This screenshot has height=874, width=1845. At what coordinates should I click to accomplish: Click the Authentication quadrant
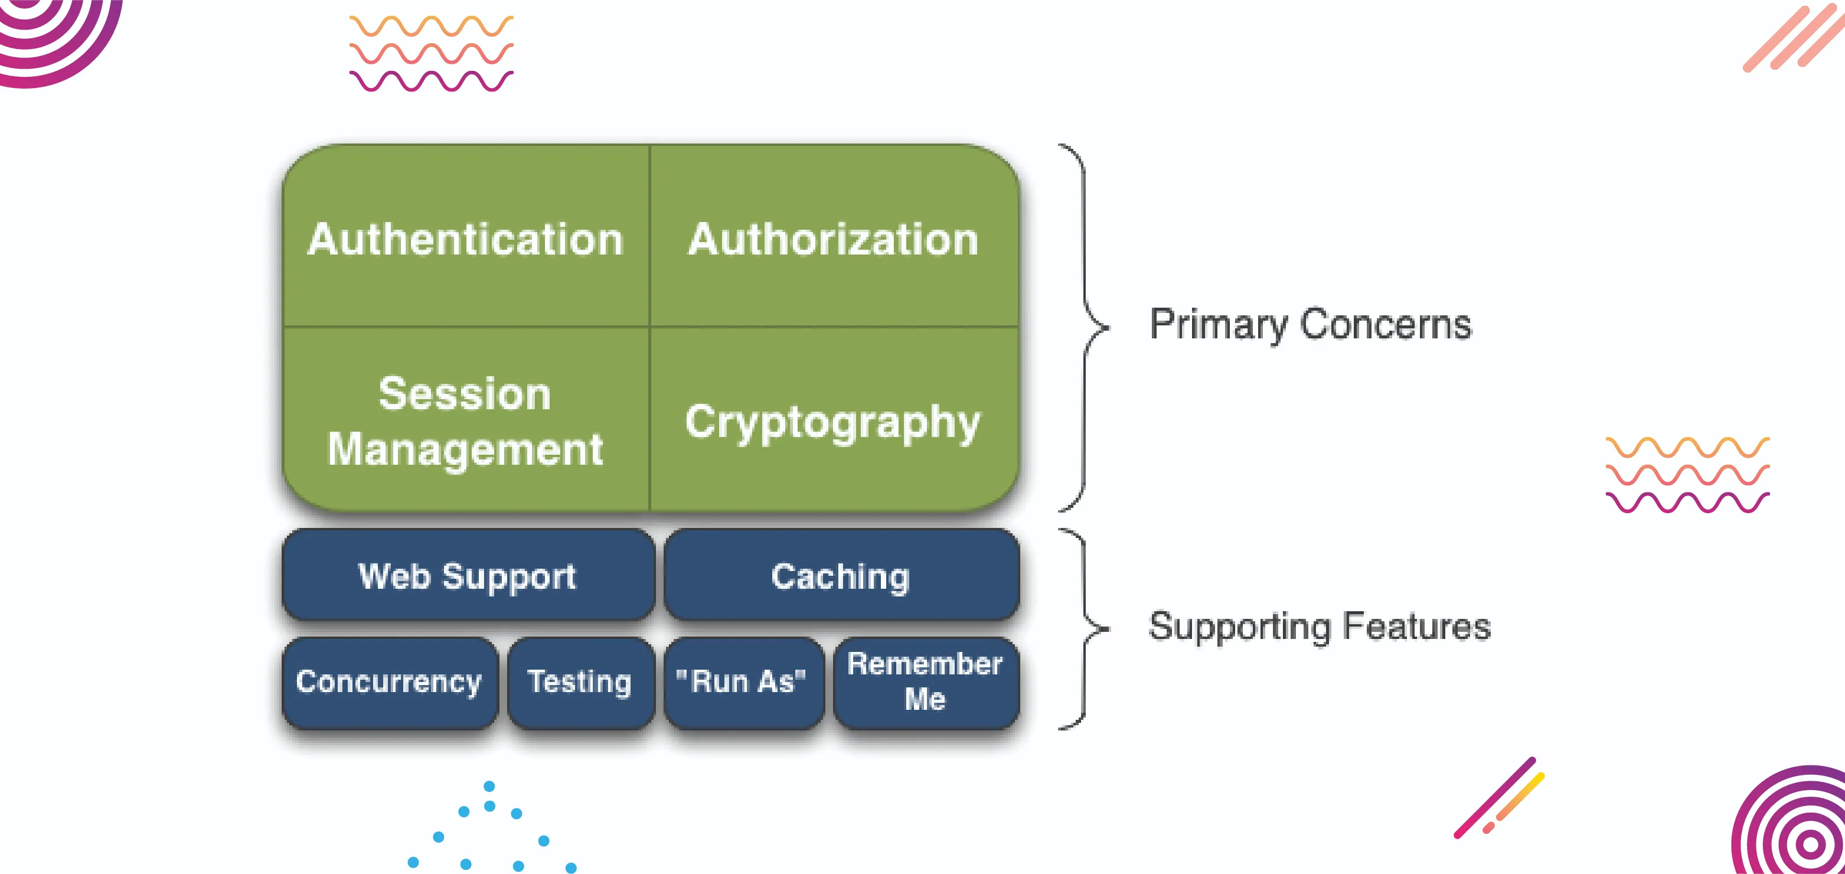click(x=466, y=238)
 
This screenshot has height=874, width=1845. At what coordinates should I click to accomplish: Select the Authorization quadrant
click(x=833, y=238)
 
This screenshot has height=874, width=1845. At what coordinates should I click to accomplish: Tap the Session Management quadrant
click(x=466, y=421)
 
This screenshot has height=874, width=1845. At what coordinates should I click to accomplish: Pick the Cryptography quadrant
click(x=833, y=421)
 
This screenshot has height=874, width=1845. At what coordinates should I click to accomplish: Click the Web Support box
click(x=468, y=576)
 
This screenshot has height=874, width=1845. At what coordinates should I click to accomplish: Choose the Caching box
click(x=841, y=576)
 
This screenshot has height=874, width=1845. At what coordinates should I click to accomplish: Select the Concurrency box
click(x=389, y=682)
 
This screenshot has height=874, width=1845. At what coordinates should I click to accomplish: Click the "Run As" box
click(x=742, y=682)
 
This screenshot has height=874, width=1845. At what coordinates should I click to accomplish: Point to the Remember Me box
click(x=925, y=682)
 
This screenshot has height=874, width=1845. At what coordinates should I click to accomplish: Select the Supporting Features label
click(x=1320, y=626)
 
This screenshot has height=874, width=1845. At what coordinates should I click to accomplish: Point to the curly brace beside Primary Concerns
click(x=1085, y=327)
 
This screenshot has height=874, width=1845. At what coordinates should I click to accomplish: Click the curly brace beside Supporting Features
click(x=1085, y=628)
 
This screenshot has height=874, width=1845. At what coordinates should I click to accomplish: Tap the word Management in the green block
click(x=466, y=450)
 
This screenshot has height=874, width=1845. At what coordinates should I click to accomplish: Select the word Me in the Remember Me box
click(x=925, y=699)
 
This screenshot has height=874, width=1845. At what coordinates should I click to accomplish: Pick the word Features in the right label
click(x=1418, y=626)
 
